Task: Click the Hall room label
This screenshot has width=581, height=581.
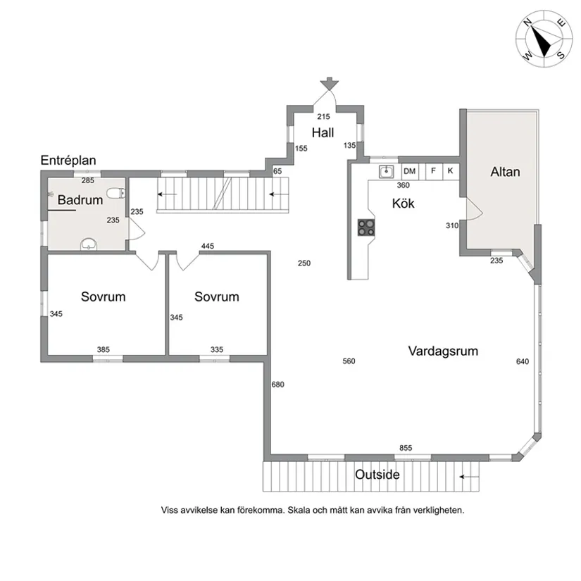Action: [323, 132]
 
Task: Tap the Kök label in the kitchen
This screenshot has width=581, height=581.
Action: [403, 204]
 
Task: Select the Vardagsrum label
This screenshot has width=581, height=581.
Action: [443, 351]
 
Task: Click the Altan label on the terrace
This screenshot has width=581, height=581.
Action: [505, 172]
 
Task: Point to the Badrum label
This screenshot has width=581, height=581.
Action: [80, 200]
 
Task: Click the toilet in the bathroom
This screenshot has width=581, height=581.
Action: [116, 193]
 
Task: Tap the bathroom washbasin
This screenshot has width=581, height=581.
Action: [89, 244]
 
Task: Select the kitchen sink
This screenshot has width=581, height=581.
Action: [386, 172]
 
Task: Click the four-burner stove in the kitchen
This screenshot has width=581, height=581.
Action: [366, 227]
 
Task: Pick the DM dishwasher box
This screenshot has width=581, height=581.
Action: [410, 172]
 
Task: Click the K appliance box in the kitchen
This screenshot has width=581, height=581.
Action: [451, 172]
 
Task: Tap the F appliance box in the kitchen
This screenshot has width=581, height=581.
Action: [434, 172]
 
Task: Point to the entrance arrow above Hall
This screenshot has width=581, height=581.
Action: [329, 83]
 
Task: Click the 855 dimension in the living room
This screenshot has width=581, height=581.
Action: [406, 448]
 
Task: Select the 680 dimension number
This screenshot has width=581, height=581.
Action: [278, 385]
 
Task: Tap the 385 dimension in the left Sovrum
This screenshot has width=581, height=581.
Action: [104, 349]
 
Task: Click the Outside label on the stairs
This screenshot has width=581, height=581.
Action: [377, 475]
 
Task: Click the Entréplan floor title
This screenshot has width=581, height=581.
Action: [68, 161]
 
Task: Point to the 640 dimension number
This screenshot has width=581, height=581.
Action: [523, 361]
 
